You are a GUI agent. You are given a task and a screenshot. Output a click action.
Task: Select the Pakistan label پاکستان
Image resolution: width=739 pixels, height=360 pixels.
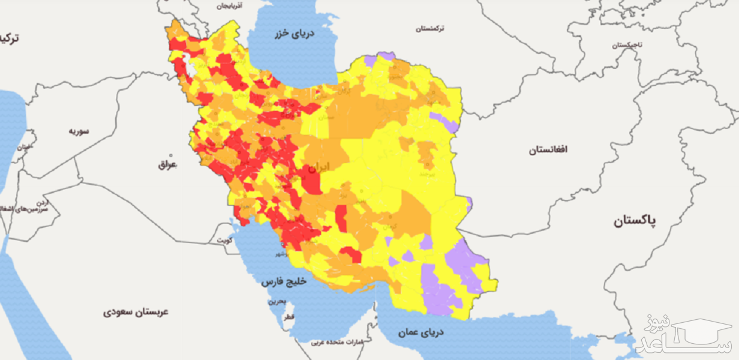pyautogui.click(x=635, y=221)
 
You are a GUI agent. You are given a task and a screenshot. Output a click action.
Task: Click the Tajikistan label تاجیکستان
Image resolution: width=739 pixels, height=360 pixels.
pyautogui.click(x=627, y=45)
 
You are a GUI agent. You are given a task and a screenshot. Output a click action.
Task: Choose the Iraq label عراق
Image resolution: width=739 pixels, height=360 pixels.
pyautogui.click(x=168, y=164)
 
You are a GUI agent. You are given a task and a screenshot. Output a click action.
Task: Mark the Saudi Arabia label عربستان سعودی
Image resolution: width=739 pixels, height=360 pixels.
pyautogui.click(x=136, y=312)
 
